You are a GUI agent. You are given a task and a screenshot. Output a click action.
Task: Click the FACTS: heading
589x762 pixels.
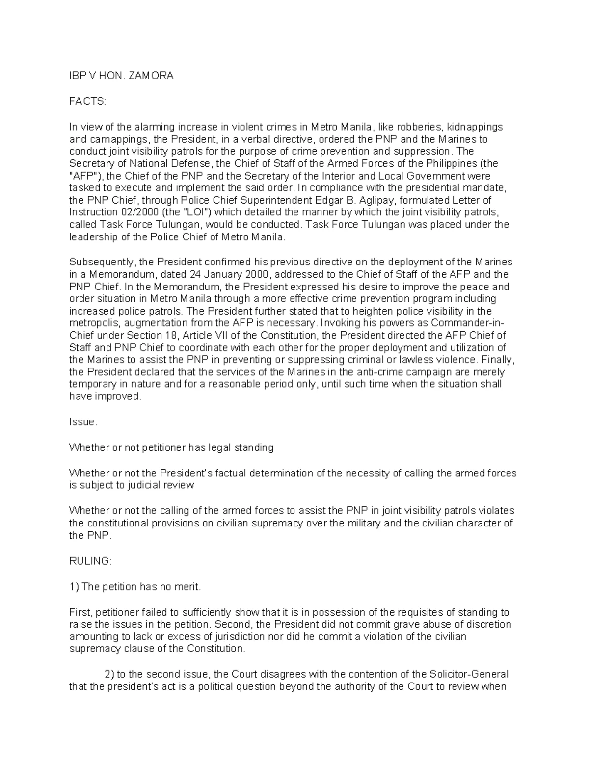click(87, 102)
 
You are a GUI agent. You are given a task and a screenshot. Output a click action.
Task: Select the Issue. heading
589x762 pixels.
click(83, 422)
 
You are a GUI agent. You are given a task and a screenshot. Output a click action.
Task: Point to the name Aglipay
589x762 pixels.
click(378, 201)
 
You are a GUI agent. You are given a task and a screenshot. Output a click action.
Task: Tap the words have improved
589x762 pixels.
click(105, 397)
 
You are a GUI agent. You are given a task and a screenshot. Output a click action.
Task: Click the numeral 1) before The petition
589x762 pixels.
click(74, 587)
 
